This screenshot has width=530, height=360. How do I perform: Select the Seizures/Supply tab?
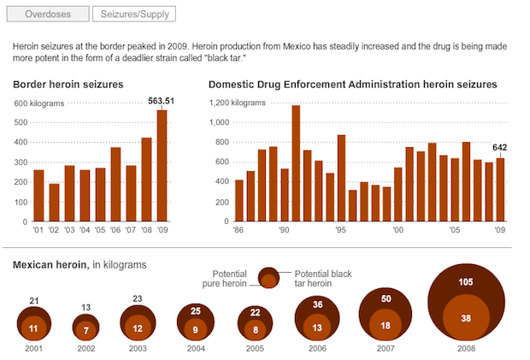click(x=134, y=14)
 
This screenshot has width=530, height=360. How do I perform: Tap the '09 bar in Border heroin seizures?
click(x=162, y=167)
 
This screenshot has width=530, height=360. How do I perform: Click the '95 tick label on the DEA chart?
click(x=340, y=230)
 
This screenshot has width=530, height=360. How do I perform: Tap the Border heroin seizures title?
click(x=68, y=85)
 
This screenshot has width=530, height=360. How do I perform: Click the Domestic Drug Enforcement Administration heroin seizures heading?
click(x=352, y=85)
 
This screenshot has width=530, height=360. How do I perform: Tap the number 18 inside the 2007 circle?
click(x=385, y=325)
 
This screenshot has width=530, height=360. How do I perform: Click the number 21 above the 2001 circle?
click(x=34, y=300)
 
